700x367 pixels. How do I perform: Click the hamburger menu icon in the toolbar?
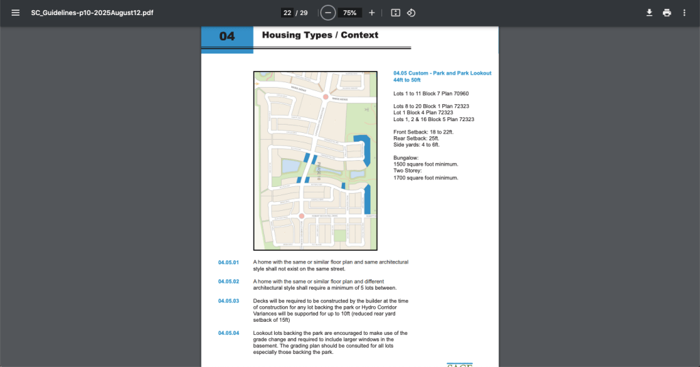(x=16, y=13)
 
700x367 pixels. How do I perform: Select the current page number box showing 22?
(x=287, y=13)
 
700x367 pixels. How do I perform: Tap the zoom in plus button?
(x=372, y=13)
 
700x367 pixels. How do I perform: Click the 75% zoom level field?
(x=349, y=13)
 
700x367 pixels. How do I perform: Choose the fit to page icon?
(x=395, y=13)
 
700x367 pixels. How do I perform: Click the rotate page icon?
(x=411, y=13)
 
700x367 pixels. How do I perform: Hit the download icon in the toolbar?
(x=649, y=13)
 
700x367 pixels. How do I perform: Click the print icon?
(x=667, y=13)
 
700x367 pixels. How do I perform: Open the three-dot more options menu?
(x=684, y=13)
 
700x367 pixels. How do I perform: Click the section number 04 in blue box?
(x=227, y=37)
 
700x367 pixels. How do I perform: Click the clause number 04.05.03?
(x=228, y=301)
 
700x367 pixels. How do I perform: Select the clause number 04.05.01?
(x=228, y=262)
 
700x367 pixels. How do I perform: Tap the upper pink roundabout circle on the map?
(x=325, y=97)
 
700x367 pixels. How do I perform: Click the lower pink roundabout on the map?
(x=301, y=216)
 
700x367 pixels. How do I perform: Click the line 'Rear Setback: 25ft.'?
(x=416, y=138)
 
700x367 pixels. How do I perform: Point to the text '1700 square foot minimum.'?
(x=425, y=177)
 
